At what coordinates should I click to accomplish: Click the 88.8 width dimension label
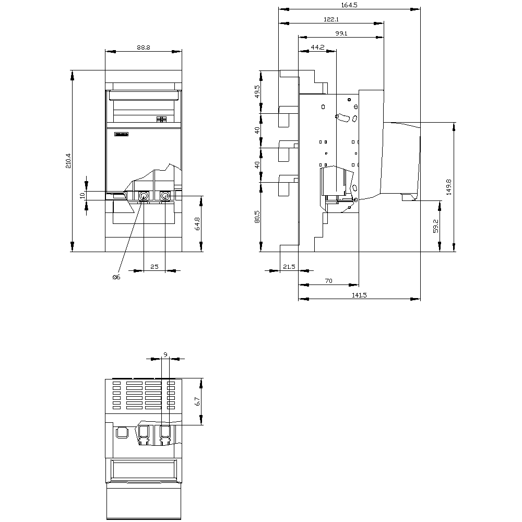(x=143, y=48)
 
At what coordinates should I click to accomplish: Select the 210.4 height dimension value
(x=68, y=161)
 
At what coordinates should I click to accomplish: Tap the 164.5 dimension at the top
(x=349, y=5)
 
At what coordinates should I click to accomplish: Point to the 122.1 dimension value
(x=331, y=19)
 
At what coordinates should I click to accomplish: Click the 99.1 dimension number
(x=341, y=33)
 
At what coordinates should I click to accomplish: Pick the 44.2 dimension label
(x=317, y=48)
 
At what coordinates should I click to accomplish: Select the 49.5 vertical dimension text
(x=257, y=91)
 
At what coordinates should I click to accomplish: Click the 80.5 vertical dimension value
(x=257, y=217)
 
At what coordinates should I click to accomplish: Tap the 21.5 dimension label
(x=289, y=267)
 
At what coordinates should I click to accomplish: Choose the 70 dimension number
(x=328, y=281)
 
